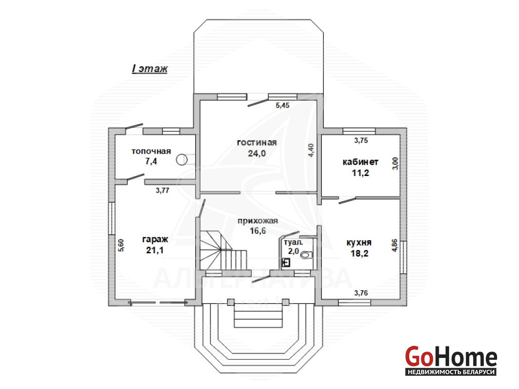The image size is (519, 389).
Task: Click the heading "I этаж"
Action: pos(150,69)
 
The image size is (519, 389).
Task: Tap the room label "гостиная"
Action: pos(257,142)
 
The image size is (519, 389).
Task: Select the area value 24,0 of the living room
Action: pos(257,153)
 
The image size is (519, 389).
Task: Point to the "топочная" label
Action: pos(151,151)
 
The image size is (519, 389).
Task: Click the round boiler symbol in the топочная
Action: pos(181,159)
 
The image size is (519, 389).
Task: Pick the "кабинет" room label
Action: pos(361,162)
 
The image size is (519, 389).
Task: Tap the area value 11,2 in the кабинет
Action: pos(361,173)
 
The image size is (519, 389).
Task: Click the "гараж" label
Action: pos(155,239)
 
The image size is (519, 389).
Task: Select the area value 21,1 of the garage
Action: pos(155,250)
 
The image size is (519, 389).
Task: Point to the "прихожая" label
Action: pos(258,221)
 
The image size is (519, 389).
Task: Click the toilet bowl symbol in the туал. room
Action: pos(307,255)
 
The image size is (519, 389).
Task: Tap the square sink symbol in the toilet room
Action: pos(286,263)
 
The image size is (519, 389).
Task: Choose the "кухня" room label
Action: pos(359,242)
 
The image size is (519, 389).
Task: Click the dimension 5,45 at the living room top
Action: pos(283,106)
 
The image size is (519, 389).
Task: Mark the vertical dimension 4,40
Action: pos(311,150)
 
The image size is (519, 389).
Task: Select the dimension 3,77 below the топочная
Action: pos(162,190)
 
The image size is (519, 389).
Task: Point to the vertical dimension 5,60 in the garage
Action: pos(121,246)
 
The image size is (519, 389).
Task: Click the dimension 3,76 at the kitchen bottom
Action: pos(361,293)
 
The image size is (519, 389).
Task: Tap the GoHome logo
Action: pos(451,360)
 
